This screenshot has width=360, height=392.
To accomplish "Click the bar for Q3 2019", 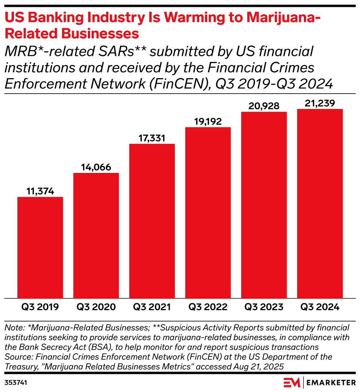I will click(40, 247).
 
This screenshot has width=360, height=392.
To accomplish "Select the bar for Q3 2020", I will click(96, 235).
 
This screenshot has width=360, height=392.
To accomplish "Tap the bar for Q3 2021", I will click(152, 221).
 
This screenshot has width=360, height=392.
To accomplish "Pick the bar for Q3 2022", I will click(208, 213).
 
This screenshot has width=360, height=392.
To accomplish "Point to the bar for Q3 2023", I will click(264, 205).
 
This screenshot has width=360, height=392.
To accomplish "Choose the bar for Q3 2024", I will click(320, 203).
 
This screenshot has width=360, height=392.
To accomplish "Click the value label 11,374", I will click(40, 191).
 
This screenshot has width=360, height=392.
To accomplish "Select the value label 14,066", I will click(96, 167).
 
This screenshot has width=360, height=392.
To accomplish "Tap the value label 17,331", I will click(152, 138).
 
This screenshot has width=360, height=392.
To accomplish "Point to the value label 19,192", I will click(208, 121).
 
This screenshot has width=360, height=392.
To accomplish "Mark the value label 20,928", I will click(264, 106).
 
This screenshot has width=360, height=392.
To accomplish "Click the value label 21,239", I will click(320, 104).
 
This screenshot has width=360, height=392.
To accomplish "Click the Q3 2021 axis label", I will click(152, 307).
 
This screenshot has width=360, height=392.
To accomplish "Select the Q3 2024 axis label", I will click(320, 307).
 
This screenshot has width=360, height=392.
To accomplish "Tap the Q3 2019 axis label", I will click(40, 307).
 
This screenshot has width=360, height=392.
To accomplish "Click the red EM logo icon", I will click(292, 382).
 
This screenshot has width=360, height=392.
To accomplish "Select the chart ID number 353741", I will click(16, 382).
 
